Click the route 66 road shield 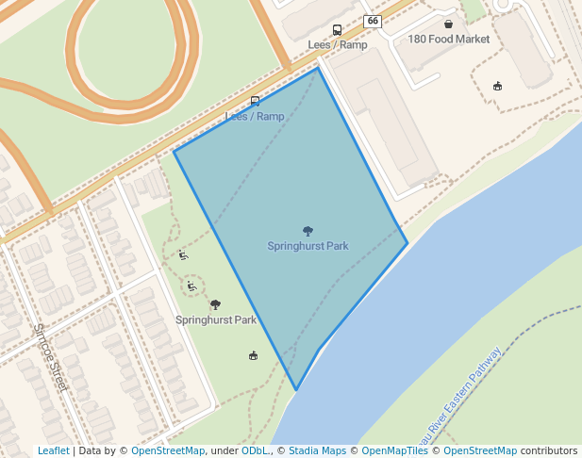point(374,21)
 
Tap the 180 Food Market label point(449,40)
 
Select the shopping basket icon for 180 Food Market point(448,24)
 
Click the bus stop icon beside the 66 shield point(338,30)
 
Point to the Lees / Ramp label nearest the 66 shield point(338,45)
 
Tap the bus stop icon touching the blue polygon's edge point(255,102)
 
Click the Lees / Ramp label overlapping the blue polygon point(255,117)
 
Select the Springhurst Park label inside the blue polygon point(308,246)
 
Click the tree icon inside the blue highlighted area point(308,231)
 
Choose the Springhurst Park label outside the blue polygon point(216,320)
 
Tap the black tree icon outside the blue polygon point(216,304)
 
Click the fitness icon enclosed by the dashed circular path point(191,286)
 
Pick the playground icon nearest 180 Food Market point(497,87)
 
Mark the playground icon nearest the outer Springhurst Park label point(253,355)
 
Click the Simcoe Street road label point(51,358)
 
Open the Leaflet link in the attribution point(53,451)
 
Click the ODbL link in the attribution point(255,451)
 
